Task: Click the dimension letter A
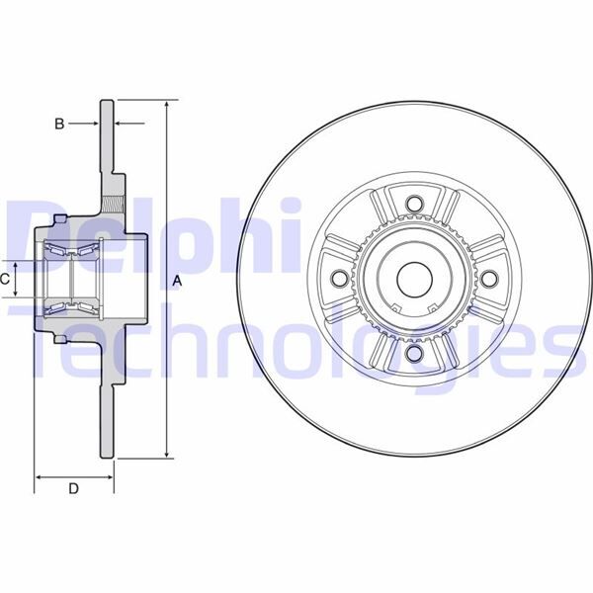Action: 178,281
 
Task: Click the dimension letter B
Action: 59,124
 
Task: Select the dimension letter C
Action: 6,280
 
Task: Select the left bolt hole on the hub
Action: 342,280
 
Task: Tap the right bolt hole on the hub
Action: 486,280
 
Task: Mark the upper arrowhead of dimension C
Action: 19,264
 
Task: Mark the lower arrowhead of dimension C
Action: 19,296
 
